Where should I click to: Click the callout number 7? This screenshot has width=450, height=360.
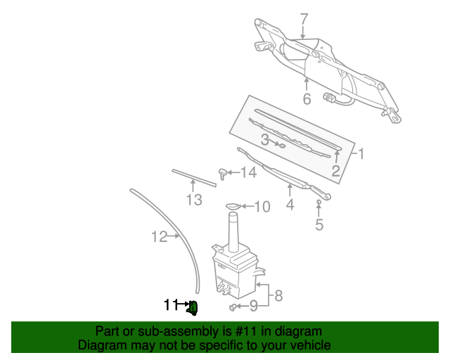[x=304, y=19]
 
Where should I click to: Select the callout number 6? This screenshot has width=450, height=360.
[x=307, y=99]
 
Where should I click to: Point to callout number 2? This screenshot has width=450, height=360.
[x=336, y=171]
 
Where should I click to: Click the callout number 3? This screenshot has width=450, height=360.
[x=265, y=141]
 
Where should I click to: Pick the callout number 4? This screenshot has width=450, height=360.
[x=289, y=205]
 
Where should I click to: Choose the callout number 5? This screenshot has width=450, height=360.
[x=319, y=225]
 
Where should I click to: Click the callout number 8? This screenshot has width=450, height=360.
[x=278, y=295]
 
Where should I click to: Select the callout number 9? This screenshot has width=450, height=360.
[x=254, y=306]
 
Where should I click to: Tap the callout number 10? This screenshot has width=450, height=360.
[x=262, y=207]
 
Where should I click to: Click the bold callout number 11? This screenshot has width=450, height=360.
[x=169, y=305]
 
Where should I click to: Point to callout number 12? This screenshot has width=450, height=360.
[x=160, y=237]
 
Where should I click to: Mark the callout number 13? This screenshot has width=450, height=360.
[x=194, y=201]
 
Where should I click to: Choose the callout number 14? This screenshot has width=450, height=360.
[x=249, y=172]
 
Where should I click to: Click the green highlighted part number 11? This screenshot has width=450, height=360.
[x=193, y=307]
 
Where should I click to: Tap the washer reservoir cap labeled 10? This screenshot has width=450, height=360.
[x=232, y=206]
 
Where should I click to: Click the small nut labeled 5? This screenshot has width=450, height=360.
[x=319, y=203]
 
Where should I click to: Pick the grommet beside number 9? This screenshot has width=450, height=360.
[x=233, y=307]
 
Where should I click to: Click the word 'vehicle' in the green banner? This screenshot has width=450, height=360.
[x=308, y=345]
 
